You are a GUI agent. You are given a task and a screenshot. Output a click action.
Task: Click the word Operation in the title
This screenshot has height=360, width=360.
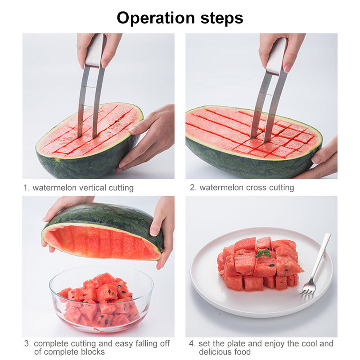pyautogui.click(x=156, y=18)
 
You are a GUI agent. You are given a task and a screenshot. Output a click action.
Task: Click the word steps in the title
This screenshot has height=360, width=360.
pyautogui.click(x=221, y=18)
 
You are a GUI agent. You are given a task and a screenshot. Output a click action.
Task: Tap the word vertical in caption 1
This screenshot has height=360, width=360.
pyautogui.click(x=93, y=188)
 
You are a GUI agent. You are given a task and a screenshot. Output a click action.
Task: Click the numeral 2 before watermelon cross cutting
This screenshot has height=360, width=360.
pyautogui.click(x=193, y=188)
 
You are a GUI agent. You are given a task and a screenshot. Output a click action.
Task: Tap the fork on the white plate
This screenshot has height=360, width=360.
pyautogui.click(x=315, y=266)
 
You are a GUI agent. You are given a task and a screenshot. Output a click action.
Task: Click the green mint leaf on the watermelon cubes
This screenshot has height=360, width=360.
pyautogui.click(x=263, y=253)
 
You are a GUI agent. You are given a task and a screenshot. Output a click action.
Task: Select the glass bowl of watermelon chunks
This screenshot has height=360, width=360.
pyautogui.click(x=101, y=299)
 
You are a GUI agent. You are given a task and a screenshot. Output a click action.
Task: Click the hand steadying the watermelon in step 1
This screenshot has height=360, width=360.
pyautogui.click(x=147, y=138)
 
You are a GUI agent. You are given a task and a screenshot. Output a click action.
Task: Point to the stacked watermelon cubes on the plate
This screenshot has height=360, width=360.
pyautogui.click(x=260, y=264)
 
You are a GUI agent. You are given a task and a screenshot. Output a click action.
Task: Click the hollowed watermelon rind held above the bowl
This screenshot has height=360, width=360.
pyautogui.click(x=103, y=232)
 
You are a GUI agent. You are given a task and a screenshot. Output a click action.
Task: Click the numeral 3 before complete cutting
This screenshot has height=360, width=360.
pyautogui.click(x=27, y=344)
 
